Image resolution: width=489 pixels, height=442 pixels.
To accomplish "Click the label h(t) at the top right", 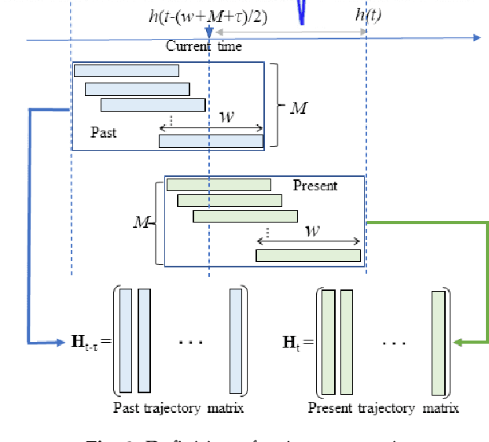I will click(x=369, y=15).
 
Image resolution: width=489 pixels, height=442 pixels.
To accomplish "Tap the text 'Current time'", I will click(x=204, y=46).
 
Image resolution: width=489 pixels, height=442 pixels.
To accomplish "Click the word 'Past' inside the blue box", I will click(x=104, y=132).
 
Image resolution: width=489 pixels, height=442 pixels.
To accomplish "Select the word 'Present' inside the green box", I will click(x=314, y=186).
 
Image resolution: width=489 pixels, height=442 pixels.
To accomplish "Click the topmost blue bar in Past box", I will click(x=126, y=71).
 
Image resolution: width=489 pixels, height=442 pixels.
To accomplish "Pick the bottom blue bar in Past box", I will click(x=211, y=141).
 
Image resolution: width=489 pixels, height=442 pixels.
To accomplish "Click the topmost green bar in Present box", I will click(x=219, y=185).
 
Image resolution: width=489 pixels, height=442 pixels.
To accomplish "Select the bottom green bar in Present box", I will click(x=308, y=255).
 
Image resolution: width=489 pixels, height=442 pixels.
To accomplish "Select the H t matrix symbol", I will click(x=292, y=342).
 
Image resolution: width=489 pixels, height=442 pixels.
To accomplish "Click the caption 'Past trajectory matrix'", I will click(x=178, y=407).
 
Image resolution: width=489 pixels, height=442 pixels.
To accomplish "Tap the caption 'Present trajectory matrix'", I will click(x=383, y=407).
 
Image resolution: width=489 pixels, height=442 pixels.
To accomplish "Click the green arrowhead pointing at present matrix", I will click(x=460, y=342).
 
